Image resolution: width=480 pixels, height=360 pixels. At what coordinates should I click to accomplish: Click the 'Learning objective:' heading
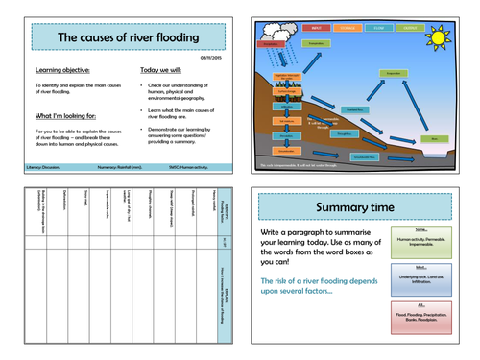(x=62, y=70)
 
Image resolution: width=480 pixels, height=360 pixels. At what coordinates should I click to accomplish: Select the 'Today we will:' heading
(x=163, y=70)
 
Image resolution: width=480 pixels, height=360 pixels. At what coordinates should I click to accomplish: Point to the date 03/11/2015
(x=212, y=57)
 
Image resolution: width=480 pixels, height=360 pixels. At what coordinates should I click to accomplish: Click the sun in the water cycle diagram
(x=441, y=39)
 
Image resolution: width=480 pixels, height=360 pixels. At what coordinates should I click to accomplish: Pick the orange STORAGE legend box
(x=347, y=29)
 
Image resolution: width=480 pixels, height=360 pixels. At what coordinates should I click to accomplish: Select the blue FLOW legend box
(x=378, y=29)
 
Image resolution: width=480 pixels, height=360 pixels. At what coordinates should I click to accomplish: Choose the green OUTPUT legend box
(x=410, y=29)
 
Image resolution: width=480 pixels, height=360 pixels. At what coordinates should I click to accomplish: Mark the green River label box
(x=434, y=139)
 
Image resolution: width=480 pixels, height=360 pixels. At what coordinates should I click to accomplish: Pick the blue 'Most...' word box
(x=421, y=279)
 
